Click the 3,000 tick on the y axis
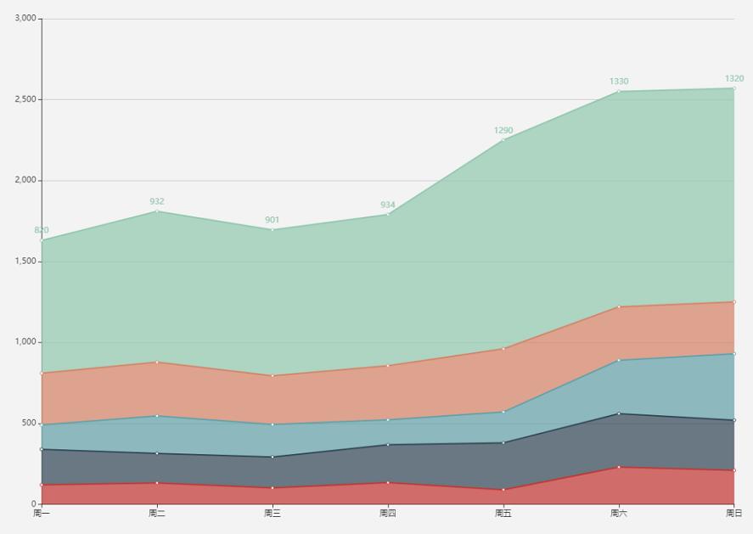pos(25,18)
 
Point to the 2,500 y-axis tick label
pos(25,99)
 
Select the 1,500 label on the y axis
pos(25,261)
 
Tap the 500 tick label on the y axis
pos(29,423)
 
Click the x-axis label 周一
pos(42,513)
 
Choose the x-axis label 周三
pos(273,513)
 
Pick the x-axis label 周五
pos(503,513)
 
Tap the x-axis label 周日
pos(733,513)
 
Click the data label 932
pos(157,201)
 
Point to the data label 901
pos(273,220)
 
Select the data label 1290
pos(503,131)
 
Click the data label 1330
pos(619,82)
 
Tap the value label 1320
pos(733,79)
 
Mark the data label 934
pos(388,205)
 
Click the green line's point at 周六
pos(619,91)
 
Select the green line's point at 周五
pos(503,140)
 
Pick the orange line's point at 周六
pos(619,306)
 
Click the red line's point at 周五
pos(503,490)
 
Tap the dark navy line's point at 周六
pos(619,413)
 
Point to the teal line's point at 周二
pos(157,416)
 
